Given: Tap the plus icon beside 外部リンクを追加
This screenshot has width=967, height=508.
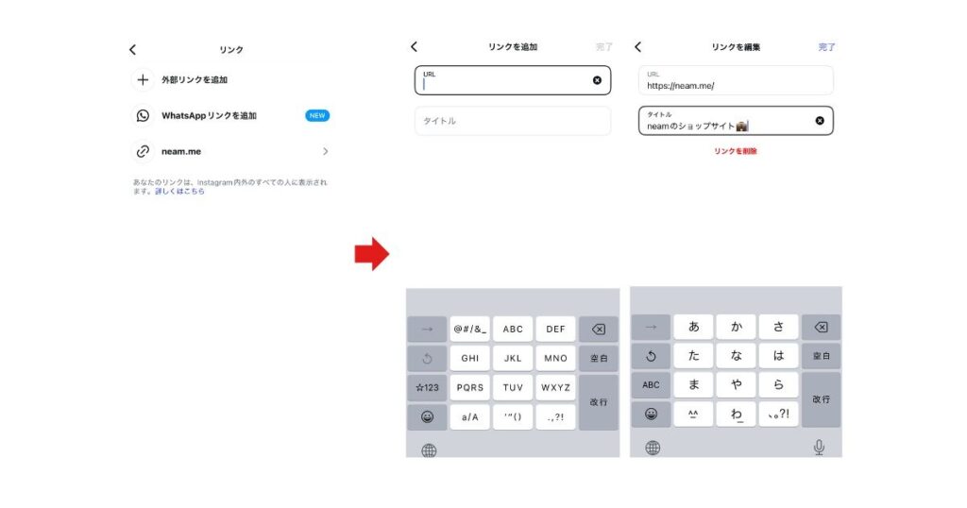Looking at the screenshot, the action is pos(143,79).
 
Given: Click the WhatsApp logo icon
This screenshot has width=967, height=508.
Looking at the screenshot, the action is pos(143,115).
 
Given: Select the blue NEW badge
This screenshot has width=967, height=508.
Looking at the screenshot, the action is pos(317,115).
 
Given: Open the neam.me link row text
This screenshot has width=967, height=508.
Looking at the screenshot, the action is pos(181,151).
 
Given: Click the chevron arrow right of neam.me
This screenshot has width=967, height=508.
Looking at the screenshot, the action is pos(326,151).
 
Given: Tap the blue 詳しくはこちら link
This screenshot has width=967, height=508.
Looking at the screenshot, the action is pos(179,191).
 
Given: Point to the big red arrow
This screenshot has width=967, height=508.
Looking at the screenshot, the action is pos(371,253).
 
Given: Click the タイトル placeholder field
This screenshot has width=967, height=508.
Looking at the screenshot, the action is pos(513,121).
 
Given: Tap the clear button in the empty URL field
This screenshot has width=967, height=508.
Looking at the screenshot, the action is pos(597,80).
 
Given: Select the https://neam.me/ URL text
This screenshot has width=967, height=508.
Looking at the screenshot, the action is pos(680,86).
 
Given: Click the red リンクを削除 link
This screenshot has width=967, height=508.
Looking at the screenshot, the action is pos(735,151).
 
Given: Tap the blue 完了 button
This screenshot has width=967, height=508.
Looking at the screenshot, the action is pos(826,47).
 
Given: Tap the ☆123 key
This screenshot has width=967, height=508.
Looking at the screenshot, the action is pos(427,387).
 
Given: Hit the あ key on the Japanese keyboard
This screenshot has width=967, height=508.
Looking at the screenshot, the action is pos(693,327).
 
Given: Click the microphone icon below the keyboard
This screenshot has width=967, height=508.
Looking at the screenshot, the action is pos(819,447).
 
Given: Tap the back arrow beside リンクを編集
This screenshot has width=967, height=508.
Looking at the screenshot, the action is pos(638,47).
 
